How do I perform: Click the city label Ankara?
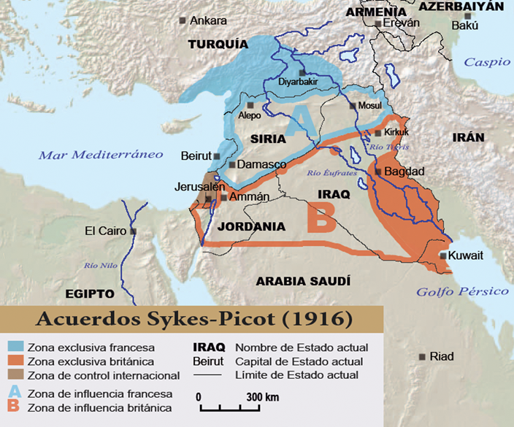(x=208, y=20)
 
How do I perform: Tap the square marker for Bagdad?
(x=377, y=171)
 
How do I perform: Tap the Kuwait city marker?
(x=443, y=255)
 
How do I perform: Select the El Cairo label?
(x=106, y=231)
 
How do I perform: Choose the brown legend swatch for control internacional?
(x=15, y=375)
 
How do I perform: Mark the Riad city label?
(x=442, y=356)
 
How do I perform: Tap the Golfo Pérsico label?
(x=462, y=291)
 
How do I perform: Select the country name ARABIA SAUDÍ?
(x=303, y=281)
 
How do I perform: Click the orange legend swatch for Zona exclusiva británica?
(x=15, y=361)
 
